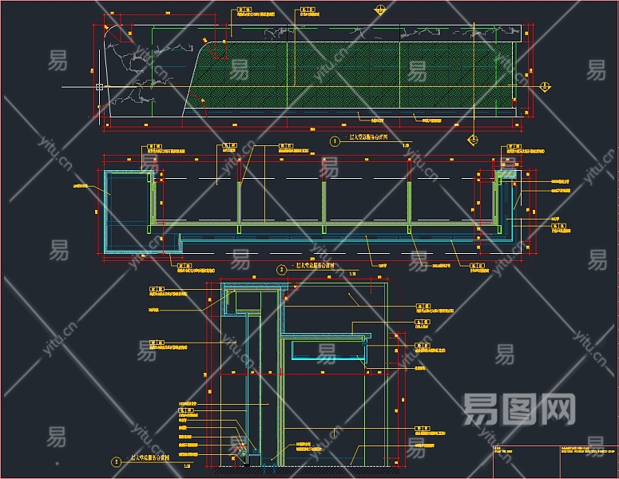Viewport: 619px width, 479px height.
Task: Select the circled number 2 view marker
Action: pyautogui.click(x=281, y=270)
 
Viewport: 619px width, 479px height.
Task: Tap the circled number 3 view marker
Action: pyautogui.click(x=116, y=461)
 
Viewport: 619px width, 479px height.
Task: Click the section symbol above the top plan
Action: pyautogui.click(x=381, y=9)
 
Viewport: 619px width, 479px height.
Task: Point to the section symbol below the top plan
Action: pyautogui.click(x=473, y=140)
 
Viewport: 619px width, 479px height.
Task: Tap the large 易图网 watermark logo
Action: pyautogui.click(x=519, y=409)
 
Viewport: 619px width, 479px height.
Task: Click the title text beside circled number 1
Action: pyautogui.click(x=368, y=139)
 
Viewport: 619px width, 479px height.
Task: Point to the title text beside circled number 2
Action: pyautogui.click(x=315, y=266)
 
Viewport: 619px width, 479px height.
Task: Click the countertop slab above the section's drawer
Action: pyautogui.click(x=327, y=333)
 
